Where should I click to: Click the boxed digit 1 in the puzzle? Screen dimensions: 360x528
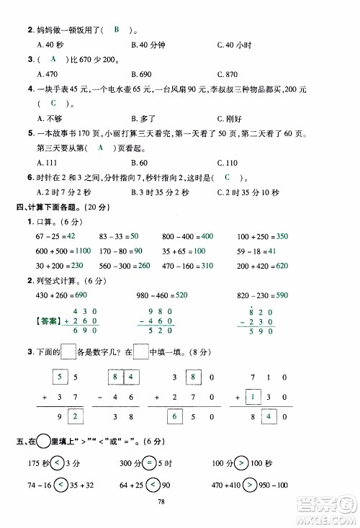coord(253,397)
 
